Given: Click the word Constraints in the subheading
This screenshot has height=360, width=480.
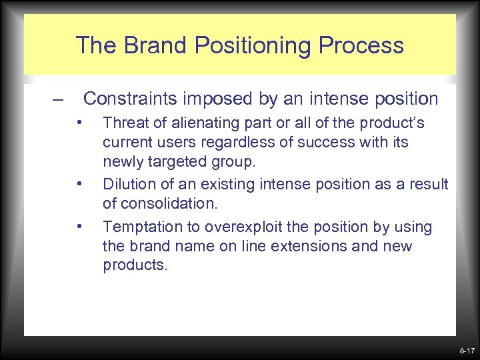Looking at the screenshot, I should (x=133, y=99).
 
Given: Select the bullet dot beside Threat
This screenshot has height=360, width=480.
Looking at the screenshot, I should (x=79, y=122).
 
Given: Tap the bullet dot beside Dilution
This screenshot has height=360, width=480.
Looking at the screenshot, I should (x=79, y=183).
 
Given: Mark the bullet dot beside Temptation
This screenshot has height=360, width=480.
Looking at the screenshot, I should (x=79, y=226).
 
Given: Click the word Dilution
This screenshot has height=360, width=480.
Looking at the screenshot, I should (x=126, y=184).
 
